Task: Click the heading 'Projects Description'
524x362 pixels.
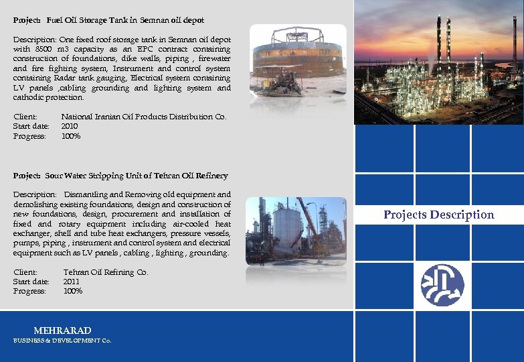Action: point(438,215)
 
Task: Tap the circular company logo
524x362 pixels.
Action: point(442,285)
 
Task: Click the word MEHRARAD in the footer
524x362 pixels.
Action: point(62,330)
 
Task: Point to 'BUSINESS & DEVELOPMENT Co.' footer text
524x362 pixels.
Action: point(62,341)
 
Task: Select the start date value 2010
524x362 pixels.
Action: point(70,126)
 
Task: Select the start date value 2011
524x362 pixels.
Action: point(72,282)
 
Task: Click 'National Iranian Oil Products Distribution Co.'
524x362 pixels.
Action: point(144,117)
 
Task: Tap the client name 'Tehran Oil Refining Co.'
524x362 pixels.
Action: point(106,272)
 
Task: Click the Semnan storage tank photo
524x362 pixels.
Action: point(298,61)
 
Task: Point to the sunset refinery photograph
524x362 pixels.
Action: point(438,62)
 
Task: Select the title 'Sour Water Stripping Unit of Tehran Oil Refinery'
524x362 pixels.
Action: point(137,176)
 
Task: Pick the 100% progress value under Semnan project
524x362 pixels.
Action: point(71,136)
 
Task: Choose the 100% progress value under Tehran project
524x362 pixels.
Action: point(73,291)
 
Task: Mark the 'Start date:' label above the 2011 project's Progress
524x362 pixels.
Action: point(31,282)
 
